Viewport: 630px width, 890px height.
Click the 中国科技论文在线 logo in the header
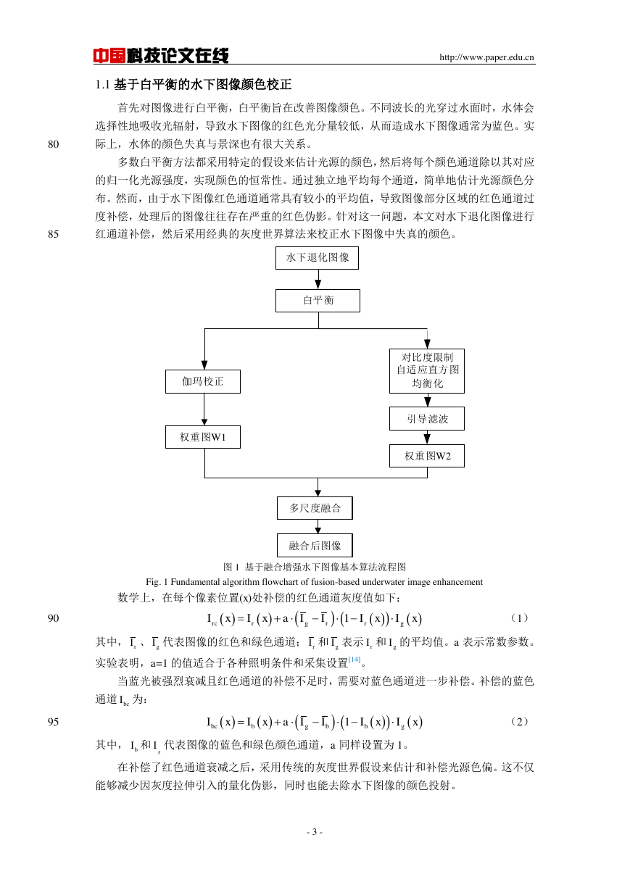coord(161,56)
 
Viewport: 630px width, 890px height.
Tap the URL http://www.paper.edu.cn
coord(486,57)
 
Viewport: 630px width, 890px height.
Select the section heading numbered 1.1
coord(194,85)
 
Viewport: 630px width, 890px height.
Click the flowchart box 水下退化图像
coord(318,258)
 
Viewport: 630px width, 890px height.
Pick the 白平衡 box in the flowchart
coord(318,301)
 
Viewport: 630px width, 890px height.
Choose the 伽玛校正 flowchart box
coord(203,382)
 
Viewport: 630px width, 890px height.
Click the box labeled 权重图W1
coord(203,437)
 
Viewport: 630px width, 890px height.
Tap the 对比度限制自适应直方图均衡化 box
coord(427,371)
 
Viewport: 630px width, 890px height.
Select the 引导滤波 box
coord(427,418)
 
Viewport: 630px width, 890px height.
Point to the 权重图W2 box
coord(427,456)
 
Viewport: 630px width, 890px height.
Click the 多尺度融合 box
coord(315,508)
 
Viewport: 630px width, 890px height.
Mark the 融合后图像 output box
coord(315,545)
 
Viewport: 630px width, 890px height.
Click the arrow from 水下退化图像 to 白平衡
coord(318,279)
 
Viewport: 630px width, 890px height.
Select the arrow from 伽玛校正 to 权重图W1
coord(204,409)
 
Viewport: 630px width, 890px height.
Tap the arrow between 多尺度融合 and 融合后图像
coord(318,526)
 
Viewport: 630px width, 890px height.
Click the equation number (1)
coord(519,618)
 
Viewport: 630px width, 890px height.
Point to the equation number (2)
coord(519,722)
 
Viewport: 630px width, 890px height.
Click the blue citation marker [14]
coord(355,660)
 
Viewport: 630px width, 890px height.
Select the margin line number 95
coord(53,722)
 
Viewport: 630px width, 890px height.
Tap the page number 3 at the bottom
coord(315,832)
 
